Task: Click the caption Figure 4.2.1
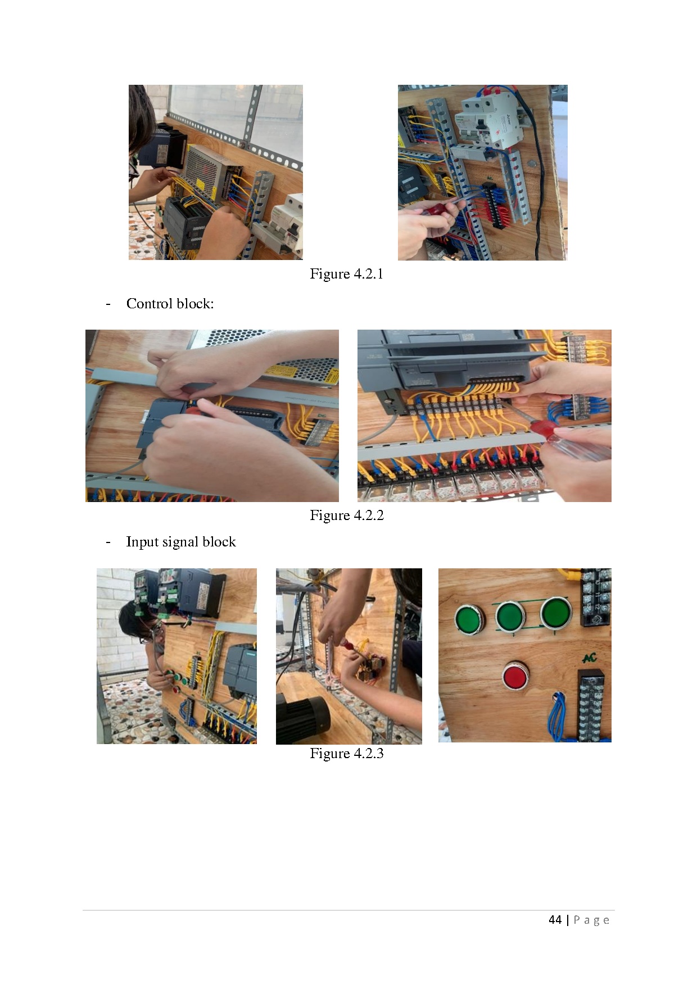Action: click(x=346, y=274)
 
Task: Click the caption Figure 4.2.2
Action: click(x=346, y=516)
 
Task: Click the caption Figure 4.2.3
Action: click(x=346, y=754)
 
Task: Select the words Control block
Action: click(x=169, y=304)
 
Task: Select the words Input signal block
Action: click(x=181, y=542)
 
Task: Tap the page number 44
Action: click(x=555, y=920)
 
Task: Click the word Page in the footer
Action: click(x=591, y=920)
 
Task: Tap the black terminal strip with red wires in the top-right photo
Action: click(x=496, y=205)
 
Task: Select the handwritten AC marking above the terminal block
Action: click(x=589, y=657)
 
